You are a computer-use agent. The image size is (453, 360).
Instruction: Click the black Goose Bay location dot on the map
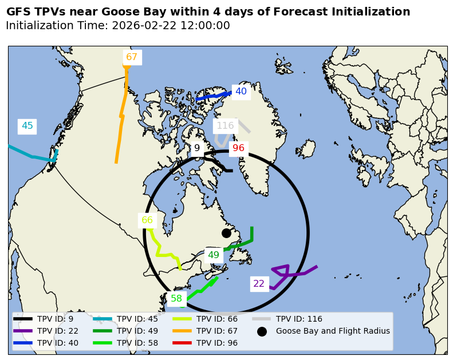(226, 233)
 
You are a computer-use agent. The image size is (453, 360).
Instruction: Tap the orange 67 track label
(132, 57)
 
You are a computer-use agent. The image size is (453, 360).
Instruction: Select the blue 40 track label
(241, 92)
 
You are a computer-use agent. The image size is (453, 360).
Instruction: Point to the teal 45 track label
(27, 126)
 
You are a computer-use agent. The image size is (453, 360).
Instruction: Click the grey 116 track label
(225, 126)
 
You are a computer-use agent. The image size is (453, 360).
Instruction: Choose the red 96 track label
(238, 148)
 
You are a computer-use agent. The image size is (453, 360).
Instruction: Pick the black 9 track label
(197, 148)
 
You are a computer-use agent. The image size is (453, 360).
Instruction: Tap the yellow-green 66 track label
(147, 220)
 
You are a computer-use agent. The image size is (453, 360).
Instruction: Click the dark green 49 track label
(214, 255)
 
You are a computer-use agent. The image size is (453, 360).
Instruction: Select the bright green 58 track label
(176, 299)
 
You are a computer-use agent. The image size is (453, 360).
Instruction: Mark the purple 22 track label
(259, 284)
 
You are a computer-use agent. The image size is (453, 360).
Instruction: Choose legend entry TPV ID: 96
(218, 343)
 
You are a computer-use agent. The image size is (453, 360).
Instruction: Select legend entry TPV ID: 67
(218, 331)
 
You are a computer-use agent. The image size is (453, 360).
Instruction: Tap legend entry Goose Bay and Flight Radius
(333, 331)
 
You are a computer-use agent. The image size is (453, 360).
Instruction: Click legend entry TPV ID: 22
(58, 331)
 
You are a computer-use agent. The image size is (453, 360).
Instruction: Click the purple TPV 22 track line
(298, 274)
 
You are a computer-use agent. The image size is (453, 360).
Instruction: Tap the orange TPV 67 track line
(121, 114)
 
